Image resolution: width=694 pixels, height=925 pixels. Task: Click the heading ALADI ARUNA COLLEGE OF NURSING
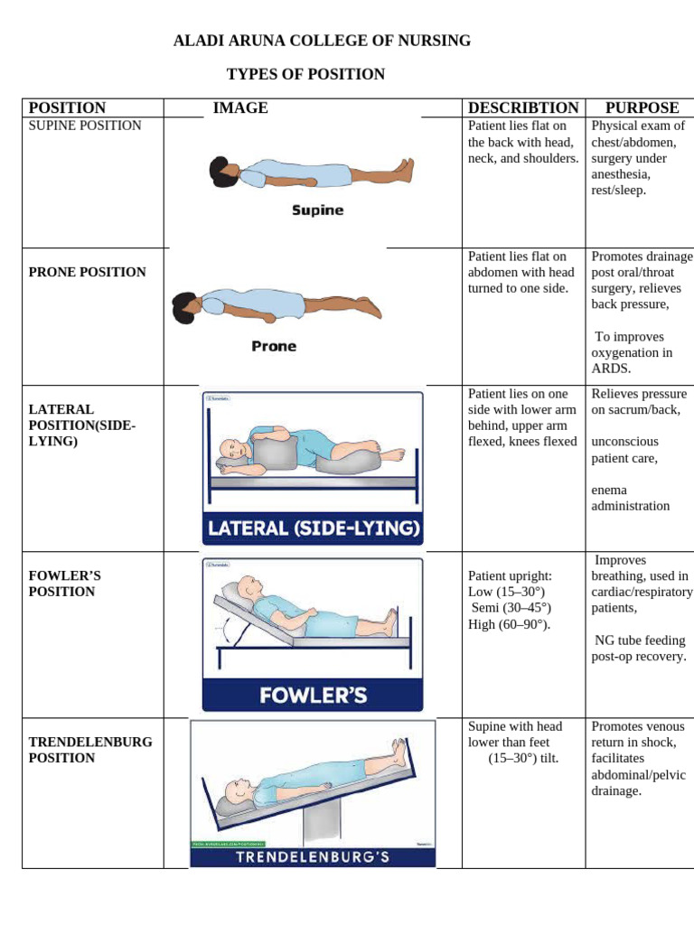point(322,41)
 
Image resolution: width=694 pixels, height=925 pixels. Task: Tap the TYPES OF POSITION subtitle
point(305,74)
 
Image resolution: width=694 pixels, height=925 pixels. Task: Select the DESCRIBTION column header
point(523,107)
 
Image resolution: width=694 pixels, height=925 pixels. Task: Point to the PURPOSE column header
point(642,107)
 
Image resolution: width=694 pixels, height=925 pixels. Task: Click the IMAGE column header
point(240,107)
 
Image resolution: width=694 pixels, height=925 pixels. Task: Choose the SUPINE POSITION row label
point(85,126)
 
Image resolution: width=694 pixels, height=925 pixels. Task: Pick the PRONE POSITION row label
point(87,272)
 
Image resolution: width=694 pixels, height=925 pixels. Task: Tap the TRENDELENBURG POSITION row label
point(90,750)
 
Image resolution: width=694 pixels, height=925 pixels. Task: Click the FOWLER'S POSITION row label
point(61,584)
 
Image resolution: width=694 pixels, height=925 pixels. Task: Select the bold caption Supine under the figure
point(317,210)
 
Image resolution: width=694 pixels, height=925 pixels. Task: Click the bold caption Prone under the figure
point(274,346)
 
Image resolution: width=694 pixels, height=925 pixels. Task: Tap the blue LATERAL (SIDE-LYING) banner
point(313,528)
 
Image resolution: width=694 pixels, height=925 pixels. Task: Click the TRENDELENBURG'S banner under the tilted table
point(313,856)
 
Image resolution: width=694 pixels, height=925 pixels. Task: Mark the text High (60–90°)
point(509,624)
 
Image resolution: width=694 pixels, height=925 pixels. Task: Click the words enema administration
point(631,498)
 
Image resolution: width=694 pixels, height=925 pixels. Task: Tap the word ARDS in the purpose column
point(611,369)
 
